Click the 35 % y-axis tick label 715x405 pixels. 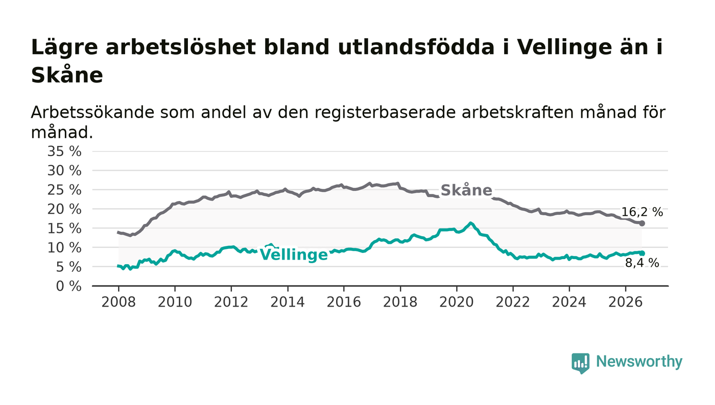[64, 151]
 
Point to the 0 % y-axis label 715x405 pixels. [68, 286]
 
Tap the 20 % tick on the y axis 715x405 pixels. [64, 210]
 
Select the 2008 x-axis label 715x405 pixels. [118, 302]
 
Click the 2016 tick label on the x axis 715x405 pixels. [344, 302]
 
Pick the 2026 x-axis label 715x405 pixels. [625, 302]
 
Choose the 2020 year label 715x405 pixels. [457, 302]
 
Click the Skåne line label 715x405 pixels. [466, 190]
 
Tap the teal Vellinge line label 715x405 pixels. [294, 255]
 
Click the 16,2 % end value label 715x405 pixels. [642, 212]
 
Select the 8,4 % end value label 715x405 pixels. [642, 263]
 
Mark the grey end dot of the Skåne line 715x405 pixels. [642, 223]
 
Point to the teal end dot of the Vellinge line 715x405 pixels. [642, 253]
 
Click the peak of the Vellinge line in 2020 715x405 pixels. [470, 223]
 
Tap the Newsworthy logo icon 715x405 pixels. [581, 363]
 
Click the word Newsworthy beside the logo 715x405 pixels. [639, 362]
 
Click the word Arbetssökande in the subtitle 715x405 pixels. [92, 112]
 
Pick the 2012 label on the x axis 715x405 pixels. [231, 302]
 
